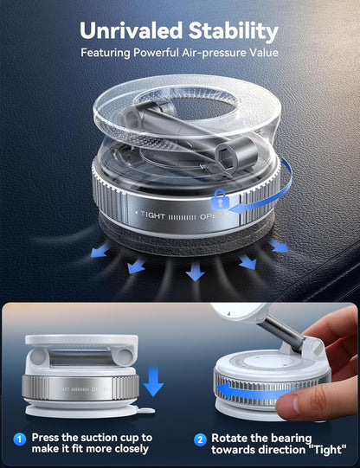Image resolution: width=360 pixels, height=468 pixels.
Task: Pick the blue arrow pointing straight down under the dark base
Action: coord(196,272)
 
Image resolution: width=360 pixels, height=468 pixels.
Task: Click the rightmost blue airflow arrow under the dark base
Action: coord(279,247)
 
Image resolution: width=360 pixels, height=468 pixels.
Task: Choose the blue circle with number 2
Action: coord(200,439)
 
